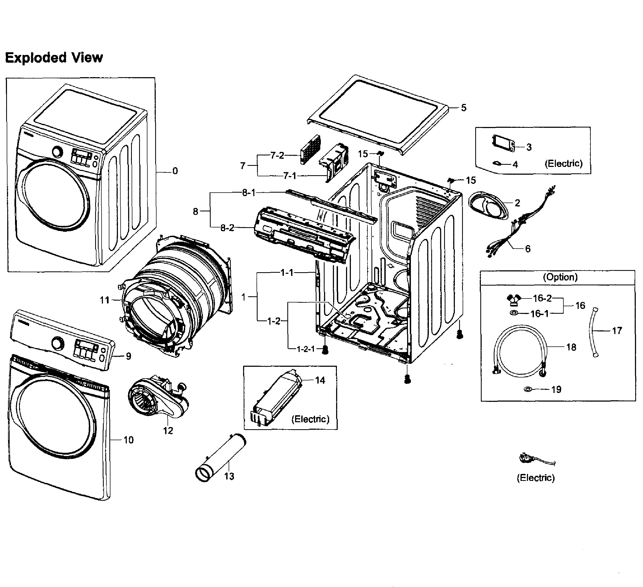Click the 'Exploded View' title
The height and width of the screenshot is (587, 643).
54,58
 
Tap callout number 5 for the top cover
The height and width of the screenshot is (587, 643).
463,108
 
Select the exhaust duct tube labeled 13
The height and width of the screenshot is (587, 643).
220,458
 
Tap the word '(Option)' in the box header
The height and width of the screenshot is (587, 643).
560,277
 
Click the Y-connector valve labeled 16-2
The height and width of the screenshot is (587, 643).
514,299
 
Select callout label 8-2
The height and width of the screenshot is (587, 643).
227,228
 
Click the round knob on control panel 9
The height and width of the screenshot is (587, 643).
58,344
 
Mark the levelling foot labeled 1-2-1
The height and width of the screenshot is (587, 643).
325,350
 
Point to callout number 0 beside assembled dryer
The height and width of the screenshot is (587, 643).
175,171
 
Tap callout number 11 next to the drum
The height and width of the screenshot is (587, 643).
105,300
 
